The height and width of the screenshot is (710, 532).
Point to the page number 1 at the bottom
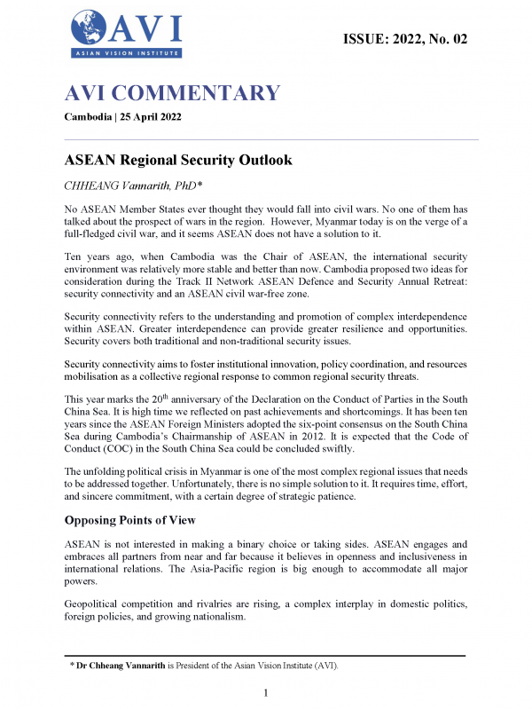(x=266, y=692)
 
